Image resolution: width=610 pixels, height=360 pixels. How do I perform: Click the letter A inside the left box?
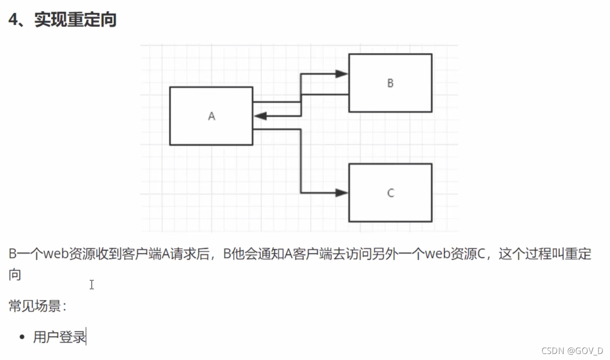[211, 116]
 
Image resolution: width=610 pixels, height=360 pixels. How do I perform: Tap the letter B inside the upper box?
[390, 83]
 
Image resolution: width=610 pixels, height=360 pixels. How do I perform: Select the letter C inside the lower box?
[390, 193]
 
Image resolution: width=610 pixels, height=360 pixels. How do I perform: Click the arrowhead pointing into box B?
[341, 74]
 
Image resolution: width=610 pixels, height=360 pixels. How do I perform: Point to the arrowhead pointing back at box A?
[260, 116]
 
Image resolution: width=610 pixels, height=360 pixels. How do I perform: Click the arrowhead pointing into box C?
[341, 192]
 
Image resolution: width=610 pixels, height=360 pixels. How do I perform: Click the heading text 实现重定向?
[75, 20]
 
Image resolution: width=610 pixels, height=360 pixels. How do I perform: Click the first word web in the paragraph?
[56, 254]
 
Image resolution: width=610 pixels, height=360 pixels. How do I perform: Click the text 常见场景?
[35, 306]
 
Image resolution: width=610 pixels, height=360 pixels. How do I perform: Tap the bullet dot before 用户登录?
[22, 337]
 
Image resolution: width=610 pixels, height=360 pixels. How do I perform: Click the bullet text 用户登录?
[60, 337]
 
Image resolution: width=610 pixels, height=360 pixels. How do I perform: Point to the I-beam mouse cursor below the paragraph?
[92, 285]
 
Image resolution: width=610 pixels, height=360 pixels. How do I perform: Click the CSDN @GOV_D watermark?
[572, 351]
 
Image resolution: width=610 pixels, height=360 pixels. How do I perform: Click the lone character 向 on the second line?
[15, 275]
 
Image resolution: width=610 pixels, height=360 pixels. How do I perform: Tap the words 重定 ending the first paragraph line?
[578, 254]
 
